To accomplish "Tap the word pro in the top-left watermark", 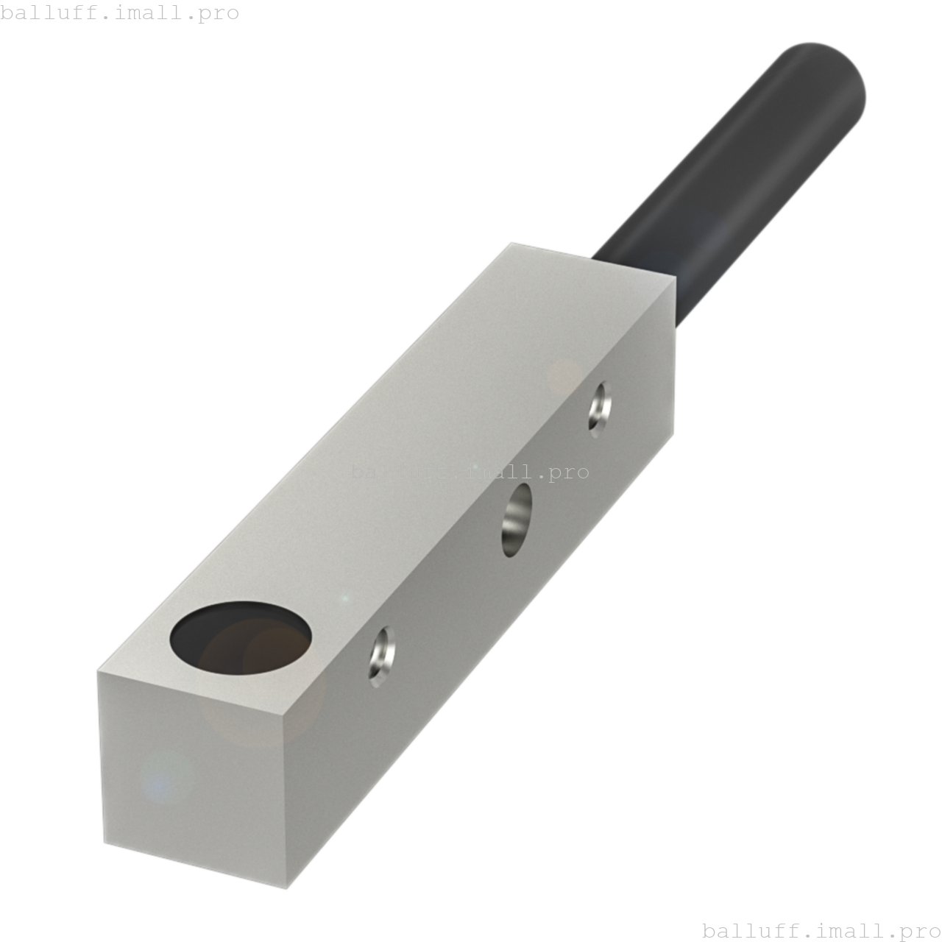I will (x=218, y=13).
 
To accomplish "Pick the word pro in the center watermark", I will (x=568, y=472).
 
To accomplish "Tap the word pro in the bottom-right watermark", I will (x=920, y=931).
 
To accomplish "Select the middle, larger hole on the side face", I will (x=517, y=520).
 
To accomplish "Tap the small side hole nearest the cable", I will (x=600, y=409).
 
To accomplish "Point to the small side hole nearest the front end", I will (x=382, y=656).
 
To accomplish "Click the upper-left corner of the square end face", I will (x=99, y=672).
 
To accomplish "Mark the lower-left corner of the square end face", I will (x=105, y=843).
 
